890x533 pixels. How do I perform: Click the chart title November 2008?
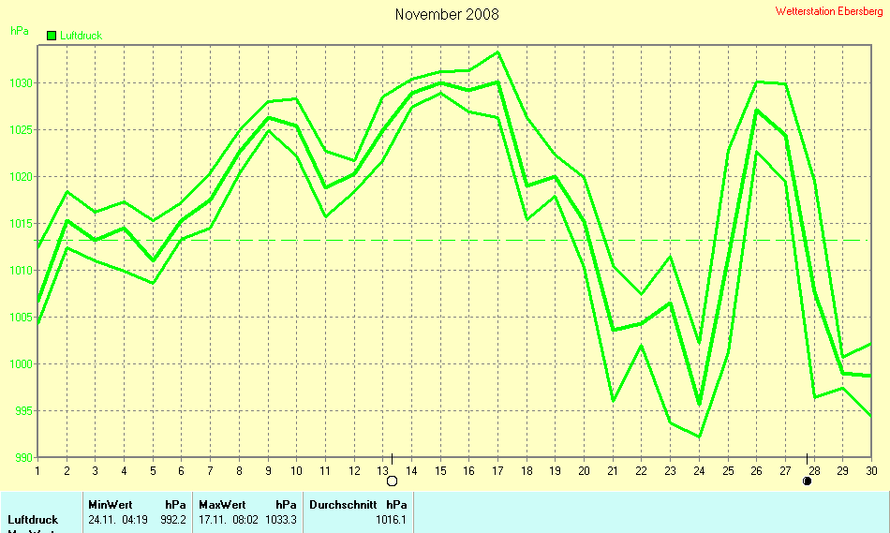[447, 14]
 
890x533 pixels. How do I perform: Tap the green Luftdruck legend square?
[52, 36]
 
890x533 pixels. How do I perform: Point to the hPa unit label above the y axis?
[19, 31]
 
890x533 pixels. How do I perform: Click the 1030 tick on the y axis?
[19, 83]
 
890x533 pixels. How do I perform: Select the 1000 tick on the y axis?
[19, 364]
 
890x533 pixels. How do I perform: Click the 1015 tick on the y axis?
[19, 224]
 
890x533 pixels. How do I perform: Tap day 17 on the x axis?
[498, 470]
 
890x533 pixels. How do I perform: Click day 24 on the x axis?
[697, 470]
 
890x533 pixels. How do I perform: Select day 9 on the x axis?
[269, 470]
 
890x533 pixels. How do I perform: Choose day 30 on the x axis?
[871, 470]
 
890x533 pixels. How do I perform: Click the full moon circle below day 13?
[393, 481]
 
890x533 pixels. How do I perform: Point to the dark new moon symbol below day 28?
[807, 481]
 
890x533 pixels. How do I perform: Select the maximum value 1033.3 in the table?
[281, 519]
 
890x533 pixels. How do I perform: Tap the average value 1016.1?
[392, 519]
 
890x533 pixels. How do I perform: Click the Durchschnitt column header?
[343, 504]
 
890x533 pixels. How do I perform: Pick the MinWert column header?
[111, 504]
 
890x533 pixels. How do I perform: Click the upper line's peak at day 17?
[498, 52]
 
